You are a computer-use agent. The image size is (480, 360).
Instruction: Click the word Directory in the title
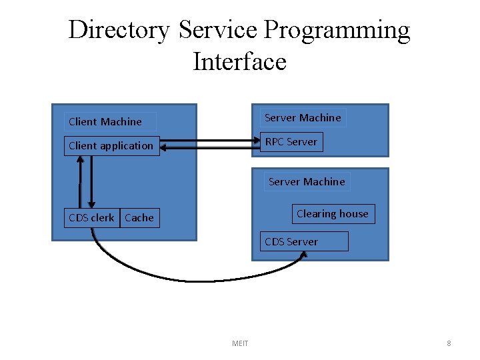pyautogui.click(x=119, y=31)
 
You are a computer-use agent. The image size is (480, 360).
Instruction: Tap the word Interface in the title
pyautogui.click(x=239, y=62)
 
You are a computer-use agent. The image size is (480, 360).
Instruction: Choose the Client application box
pyautogui.click(x=111, y=145)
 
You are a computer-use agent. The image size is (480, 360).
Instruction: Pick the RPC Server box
pyautogui.click(x=291, y=141)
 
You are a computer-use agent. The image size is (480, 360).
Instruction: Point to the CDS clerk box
pyautogui.click(x=91, y=217)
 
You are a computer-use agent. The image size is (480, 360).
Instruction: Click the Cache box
pyautogui.click(x=139, y=217)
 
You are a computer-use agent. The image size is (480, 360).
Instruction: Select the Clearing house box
pyautogui.click(x=333, y=213)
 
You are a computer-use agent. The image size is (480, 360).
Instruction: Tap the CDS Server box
pyautogui.click(x=304, y=241)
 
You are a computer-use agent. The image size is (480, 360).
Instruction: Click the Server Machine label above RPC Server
pyautogui.click(x=303, y=117)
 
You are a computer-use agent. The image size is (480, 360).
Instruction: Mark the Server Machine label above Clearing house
pyautogui.click(x=307, y=181)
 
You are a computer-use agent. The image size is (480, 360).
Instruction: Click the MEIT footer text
pyautogui.click(x=240, y=343)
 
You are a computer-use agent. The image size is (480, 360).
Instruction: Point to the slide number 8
pyautogui.click(x=449, y=343)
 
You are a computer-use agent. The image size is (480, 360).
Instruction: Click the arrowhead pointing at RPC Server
pyautogui.click(x=255, y=141)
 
